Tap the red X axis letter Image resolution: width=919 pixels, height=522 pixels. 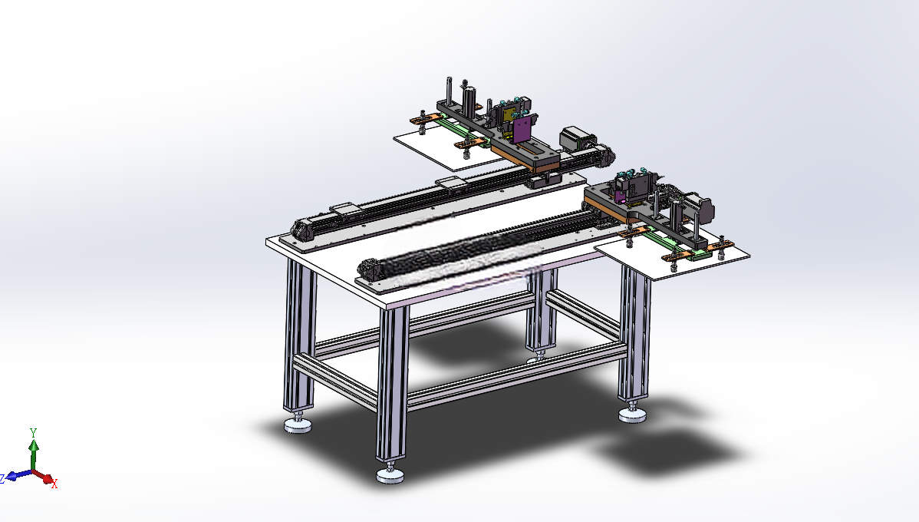[x=54, y=484]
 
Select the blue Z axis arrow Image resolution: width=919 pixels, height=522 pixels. [x=18, y=474]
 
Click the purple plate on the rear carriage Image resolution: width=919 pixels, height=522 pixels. [x=523, y=128]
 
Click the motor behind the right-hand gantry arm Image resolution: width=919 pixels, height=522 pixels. [x=702, y=207]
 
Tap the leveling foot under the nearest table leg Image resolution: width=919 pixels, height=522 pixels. [x=390, y=474]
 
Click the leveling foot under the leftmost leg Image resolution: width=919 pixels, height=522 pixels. [x=298, y=425]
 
